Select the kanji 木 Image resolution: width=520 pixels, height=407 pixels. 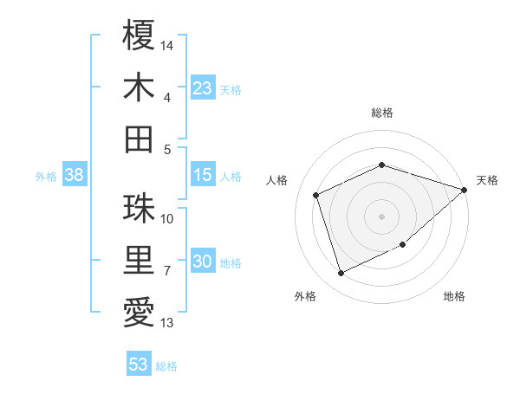tap(139, 87)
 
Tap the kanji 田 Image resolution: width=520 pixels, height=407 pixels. tap(139, 139)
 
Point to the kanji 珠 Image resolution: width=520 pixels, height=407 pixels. tap(139, 208)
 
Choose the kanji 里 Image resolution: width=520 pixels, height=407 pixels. tap(139, 261)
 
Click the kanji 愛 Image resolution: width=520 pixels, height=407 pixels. tap(139, 313)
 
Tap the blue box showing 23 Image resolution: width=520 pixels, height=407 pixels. tap(202, 88)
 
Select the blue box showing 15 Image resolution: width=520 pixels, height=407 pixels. tap(202, 176)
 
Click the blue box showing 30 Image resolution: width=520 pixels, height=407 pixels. tap(202, 262)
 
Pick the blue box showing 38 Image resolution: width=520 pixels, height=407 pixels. tap(74, 176)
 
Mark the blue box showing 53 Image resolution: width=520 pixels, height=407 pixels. tap(138, 365)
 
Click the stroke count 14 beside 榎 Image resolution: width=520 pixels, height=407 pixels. tap(167, 43)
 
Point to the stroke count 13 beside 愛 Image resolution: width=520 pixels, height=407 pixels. tap(167, 323)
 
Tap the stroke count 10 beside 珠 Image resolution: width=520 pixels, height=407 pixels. tap(167, 218)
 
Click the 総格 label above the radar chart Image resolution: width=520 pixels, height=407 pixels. tap(382, 113)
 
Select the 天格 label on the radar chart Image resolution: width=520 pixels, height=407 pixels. tap(487, 180)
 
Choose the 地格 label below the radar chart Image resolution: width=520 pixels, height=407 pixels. tap(454, 297)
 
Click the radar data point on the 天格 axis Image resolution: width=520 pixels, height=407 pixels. tap(464, 190)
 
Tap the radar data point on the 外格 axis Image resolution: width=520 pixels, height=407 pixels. tap(341, 274)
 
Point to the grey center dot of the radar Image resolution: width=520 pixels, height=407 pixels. tap(382, 216)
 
